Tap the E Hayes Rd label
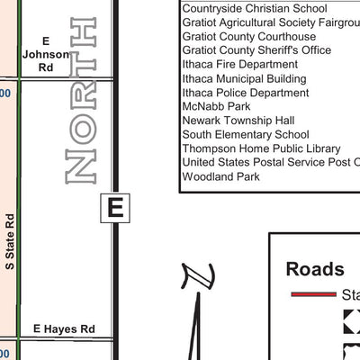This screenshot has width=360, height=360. pos(64,330)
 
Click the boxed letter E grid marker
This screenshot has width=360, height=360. pos(114,208)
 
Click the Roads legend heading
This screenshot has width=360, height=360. pos(314,269)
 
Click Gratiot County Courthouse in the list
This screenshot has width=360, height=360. pos(249,37)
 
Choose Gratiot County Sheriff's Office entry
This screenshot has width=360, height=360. pos(256,50)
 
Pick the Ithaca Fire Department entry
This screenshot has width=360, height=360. pos(239,65)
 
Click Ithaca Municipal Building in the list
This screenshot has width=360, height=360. pos(244,79)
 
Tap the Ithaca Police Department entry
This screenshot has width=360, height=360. pos(245,93)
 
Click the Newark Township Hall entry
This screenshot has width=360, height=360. pos(238,121)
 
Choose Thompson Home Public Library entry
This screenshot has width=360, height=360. pos(261,148)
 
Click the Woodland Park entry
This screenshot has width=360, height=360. pos(220,176)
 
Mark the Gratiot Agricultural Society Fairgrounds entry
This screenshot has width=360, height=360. pos(270,22)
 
